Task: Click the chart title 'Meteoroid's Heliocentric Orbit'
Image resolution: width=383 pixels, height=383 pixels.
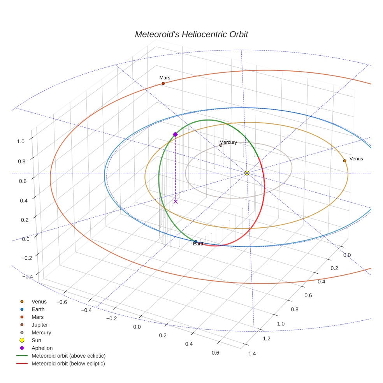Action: tap(191, 34)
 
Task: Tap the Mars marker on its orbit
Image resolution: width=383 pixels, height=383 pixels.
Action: tap(163, 83)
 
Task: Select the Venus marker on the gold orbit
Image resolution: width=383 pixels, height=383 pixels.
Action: tap(344, 161)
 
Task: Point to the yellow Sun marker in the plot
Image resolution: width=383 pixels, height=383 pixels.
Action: tap(247, 173)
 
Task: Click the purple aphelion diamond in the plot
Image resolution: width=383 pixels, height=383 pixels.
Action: tap(175, 134)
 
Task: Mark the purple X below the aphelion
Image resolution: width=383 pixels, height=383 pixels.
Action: tap(176, 201)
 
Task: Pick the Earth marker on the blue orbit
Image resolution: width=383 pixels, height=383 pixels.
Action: tap(195, 242)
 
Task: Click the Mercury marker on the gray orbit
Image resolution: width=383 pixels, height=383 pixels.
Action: tap(221, 145)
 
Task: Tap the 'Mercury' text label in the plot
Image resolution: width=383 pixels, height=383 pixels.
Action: tap(228, 142)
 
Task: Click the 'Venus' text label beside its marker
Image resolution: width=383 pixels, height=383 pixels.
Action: tap(356, 159)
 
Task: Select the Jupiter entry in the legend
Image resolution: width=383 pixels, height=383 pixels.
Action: tap(40, 325)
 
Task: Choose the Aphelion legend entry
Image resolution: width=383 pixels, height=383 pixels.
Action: tap(42, 348)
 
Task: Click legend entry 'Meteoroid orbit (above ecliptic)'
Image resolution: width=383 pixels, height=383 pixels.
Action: tap(69, 356)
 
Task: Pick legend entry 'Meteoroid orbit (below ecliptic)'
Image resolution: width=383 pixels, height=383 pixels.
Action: tap(69, 364)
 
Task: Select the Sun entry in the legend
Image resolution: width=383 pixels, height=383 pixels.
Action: tap(36, 340)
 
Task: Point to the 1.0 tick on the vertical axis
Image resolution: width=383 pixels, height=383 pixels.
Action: tap(21, 141)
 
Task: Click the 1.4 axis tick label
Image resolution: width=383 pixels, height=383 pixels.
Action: tap(252, 353)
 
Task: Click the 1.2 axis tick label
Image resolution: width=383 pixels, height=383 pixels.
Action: tap(267, 339)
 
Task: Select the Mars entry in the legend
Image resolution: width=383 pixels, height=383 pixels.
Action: tap(37, 317)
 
